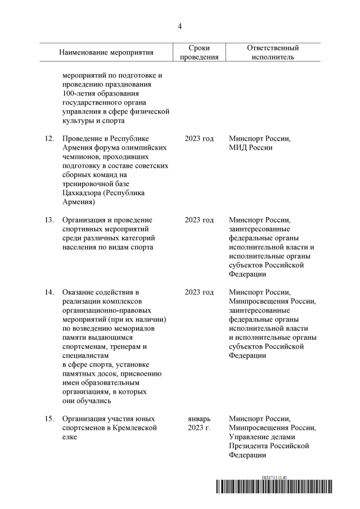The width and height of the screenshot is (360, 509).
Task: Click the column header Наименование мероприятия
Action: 106,52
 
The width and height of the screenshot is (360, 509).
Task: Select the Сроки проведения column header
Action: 199,52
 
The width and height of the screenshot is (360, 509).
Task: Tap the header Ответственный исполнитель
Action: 273,52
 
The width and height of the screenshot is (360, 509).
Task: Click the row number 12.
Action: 49,138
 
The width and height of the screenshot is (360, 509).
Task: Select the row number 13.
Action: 49,220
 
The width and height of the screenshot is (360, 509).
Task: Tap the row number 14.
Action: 49,292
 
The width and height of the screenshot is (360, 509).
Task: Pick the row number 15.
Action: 49,419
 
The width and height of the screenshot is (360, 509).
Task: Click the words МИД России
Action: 251,147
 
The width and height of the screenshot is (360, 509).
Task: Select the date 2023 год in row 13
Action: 199,220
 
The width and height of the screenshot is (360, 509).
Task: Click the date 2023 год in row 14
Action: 199,292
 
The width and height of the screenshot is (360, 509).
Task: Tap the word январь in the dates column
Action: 199,419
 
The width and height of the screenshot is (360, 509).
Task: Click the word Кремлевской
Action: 135,428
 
